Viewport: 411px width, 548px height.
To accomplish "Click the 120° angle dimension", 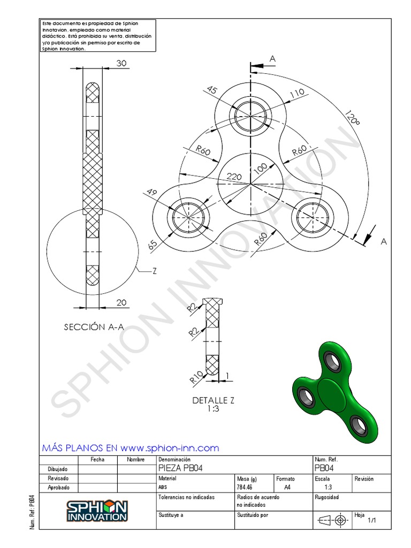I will click(x=352, y=118).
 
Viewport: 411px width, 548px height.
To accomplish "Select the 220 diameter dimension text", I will click(x=234, y=176).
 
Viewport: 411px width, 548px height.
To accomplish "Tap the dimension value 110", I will click(x=296, y=93).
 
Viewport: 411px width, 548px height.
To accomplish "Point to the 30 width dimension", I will click(x=121, y=63).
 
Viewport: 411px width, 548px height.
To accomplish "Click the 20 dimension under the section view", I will click(x=121, y=303).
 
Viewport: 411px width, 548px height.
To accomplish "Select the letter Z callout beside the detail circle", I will click(x=154, y=271).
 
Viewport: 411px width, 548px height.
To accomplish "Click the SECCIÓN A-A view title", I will click(x=94, y=327).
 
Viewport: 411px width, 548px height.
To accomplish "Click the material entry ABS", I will click(x=163, y=488).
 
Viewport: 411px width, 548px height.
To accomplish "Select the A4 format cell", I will click(x=287, y=488).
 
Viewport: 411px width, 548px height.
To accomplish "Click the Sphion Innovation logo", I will click(x=97, y=511).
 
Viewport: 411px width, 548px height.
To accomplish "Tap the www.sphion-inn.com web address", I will click(x=170, y=448).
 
